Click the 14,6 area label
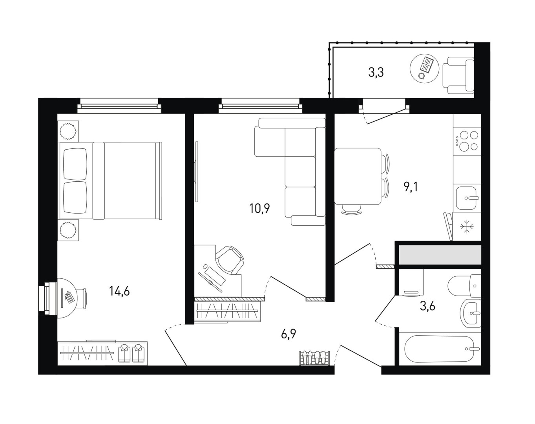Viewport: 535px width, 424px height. [120, 291]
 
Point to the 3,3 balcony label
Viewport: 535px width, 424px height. [376, 73]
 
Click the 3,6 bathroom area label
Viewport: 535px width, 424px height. [427, 306]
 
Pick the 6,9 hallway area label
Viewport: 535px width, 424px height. [288, 334]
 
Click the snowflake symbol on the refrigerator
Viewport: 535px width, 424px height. [467, 226]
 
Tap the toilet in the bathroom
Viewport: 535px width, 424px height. [464, 286]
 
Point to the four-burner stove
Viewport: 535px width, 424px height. [467, 141]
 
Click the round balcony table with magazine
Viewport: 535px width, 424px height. [424, 68]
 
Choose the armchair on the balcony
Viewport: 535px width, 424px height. [458, 76]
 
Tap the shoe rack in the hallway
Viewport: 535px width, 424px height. [314, 358]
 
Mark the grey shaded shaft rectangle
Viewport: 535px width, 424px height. [440, 255]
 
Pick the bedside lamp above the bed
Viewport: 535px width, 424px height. [68, 131]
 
